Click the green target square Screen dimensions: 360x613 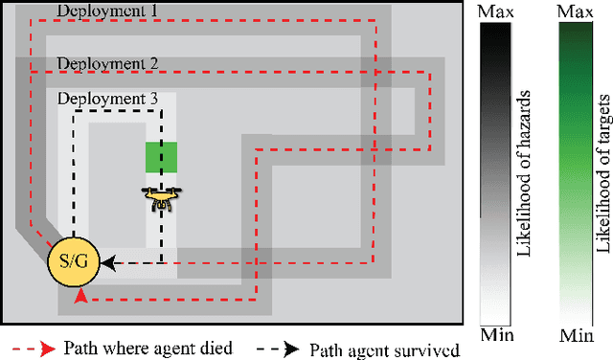[x=161, y=156]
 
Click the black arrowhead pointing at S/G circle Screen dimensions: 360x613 [x=107, y=261]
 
